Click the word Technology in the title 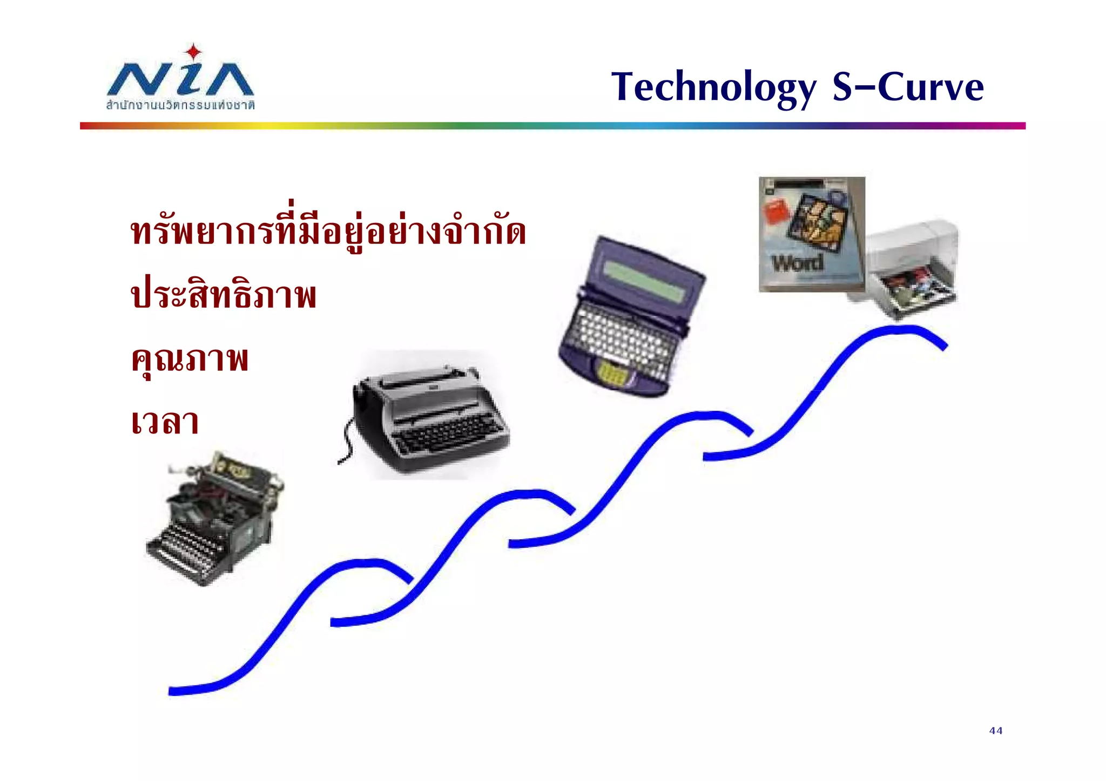point(713,87)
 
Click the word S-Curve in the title point(908,87)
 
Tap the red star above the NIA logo point(193,53)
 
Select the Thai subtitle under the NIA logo point(180,105)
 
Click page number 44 point(996,731)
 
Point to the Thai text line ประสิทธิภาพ point(224,295)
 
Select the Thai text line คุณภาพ point(190,358)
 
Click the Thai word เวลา point(165,422)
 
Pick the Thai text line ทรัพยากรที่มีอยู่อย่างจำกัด point(328,231)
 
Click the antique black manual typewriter point(214,518)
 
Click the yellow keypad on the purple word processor point(611,372)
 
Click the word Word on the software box point(798,263)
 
